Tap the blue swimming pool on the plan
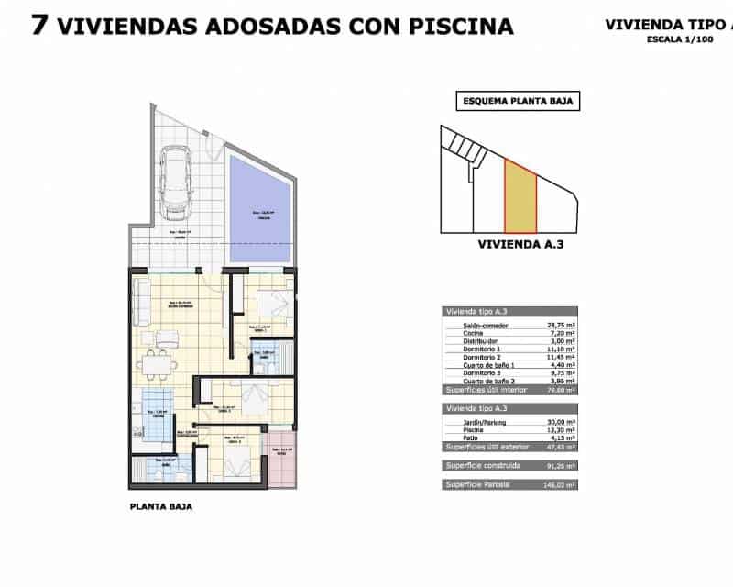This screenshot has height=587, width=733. (262, 209)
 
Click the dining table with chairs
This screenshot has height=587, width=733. (162, 364)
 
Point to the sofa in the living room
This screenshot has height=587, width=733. (143, 303)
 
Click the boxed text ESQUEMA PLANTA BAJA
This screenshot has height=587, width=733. (518, 103)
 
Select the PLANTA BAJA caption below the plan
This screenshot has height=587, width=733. (161, 505)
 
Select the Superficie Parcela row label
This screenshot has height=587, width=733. (477, 483)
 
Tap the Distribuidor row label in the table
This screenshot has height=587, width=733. (467, 340)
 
